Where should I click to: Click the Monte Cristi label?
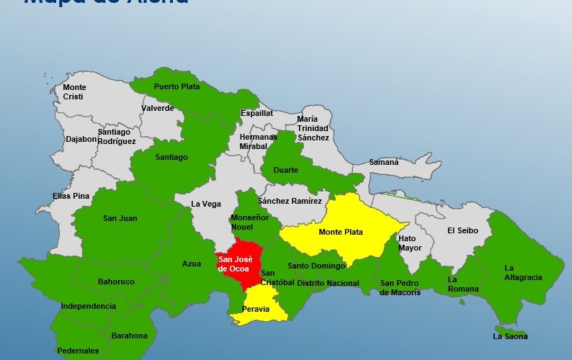[x=74, y=92]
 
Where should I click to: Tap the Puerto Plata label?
[x=176, y=86]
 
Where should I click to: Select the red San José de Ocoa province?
[x=235, y=264]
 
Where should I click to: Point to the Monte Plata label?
[x=341, y=232]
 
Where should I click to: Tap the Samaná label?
[x=385, y=162]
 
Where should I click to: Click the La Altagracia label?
[x=524, y=272]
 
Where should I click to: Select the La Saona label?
[x=510, y=336]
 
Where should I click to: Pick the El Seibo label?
[x=461, y=230]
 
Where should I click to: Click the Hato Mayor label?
[x=410, y=243]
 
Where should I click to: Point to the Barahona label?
[x=130, y=336]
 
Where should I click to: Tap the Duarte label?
[x=286, y=171]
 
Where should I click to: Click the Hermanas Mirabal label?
[x=258, y=141]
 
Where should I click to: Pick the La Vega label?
[x=206, y=204]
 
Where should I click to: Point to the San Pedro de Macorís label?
[x=401, y=287]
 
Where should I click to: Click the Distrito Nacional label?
[x=328, y=283]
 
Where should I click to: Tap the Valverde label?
[x=158, y=108]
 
